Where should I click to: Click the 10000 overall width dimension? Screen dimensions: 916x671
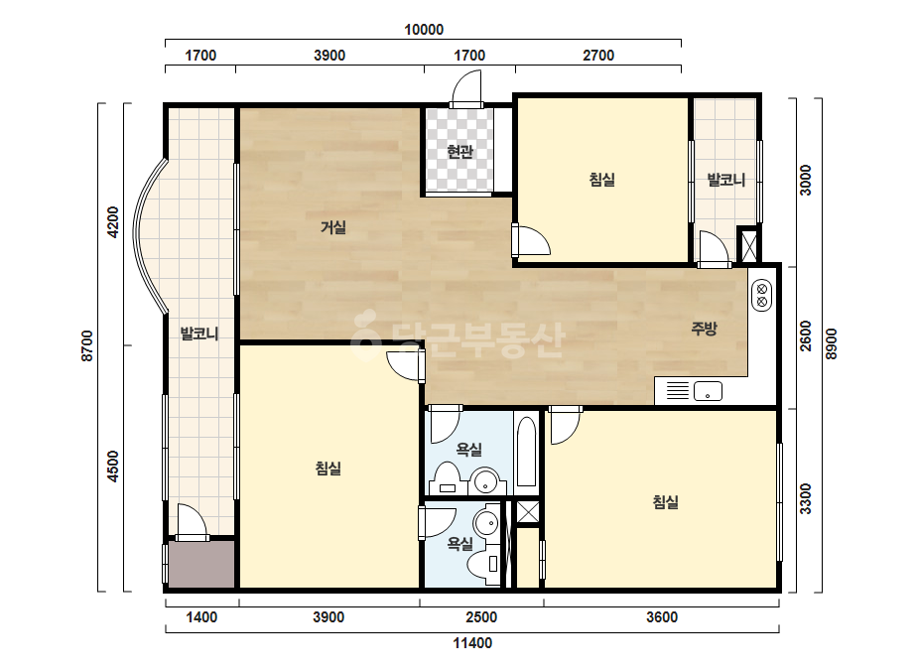tap(424, 29)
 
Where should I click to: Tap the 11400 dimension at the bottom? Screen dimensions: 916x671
tap(472, 643)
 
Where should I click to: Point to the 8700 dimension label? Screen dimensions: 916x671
tap(87, 346)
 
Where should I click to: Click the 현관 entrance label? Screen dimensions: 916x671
tap(459, 152)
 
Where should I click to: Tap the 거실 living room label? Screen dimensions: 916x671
tap(333, 226)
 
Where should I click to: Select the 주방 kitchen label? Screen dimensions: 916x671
tap(704, 329)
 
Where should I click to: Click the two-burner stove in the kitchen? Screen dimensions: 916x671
tap(761, 296)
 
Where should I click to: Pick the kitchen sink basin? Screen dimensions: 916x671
tap(708, 391)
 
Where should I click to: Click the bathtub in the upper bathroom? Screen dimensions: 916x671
tap(526, 451)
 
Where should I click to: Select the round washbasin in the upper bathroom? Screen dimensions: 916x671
tap(485, 481)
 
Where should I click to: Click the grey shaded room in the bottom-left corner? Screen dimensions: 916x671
tap(200, 564)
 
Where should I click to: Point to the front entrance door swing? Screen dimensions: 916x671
tap(466, 87)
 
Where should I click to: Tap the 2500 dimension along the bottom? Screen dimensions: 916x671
tap(481, 617)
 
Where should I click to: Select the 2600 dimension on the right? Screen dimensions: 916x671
tap(806, 335)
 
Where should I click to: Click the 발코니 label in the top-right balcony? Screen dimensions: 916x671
tap(726, 180)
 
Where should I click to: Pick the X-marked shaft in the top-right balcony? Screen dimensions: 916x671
tap(748, 245)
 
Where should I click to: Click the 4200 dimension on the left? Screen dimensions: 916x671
tap(113, 222)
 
